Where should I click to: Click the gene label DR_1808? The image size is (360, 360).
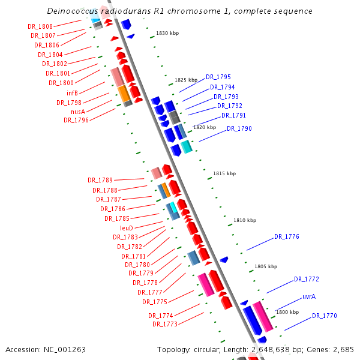[x=40, y=27]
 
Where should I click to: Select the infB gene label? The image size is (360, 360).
[x=72, y=93]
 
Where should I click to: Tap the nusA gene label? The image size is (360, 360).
[x=77, y=111]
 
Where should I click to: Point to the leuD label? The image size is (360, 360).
[x=126, y=228]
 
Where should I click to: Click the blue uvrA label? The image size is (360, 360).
[x=309, y=296]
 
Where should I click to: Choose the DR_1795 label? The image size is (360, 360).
[x=218, y=77]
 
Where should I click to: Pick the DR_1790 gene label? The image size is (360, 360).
[x=239, y=128]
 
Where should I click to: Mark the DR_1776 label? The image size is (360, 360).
[x=286, y=236]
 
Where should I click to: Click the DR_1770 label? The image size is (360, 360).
[x=324, y=316]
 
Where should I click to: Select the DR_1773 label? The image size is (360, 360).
[x=164, y=324]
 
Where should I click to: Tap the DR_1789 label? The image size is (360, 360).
[x=100, y=180]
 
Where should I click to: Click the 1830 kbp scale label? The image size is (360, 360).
[x=167, y=34]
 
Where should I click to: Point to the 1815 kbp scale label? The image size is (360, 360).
[x=224, y=173]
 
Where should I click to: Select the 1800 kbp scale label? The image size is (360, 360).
[x=287, y=312]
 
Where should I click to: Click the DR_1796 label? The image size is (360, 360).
[x=76, y=120]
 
